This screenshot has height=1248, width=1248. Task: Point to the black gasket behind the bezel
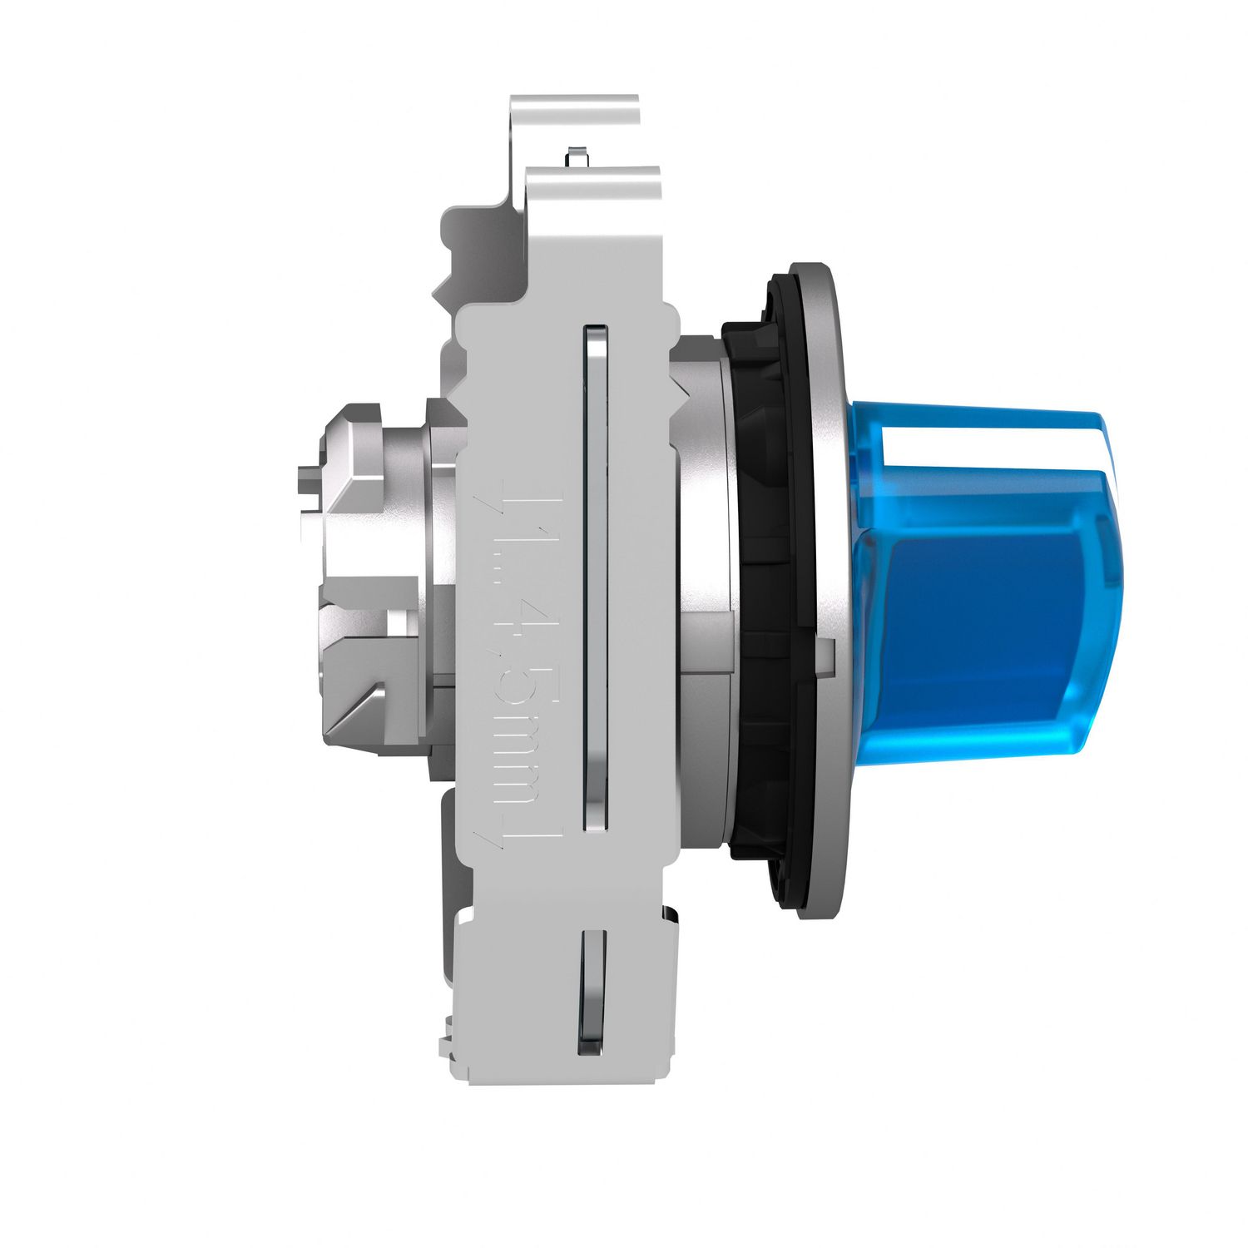tap(761, 582)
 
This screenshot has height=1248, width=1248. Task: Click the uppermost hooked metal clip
tap(574, 116)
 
